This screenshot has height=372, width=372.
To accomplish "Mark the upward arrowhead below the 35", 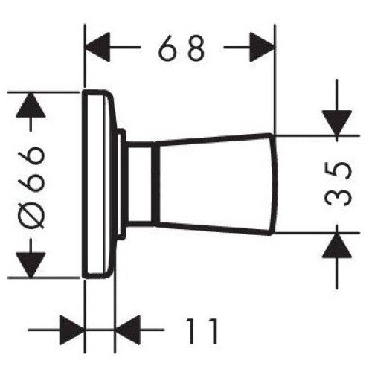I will pyautogui.click(x=337, y=245).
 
